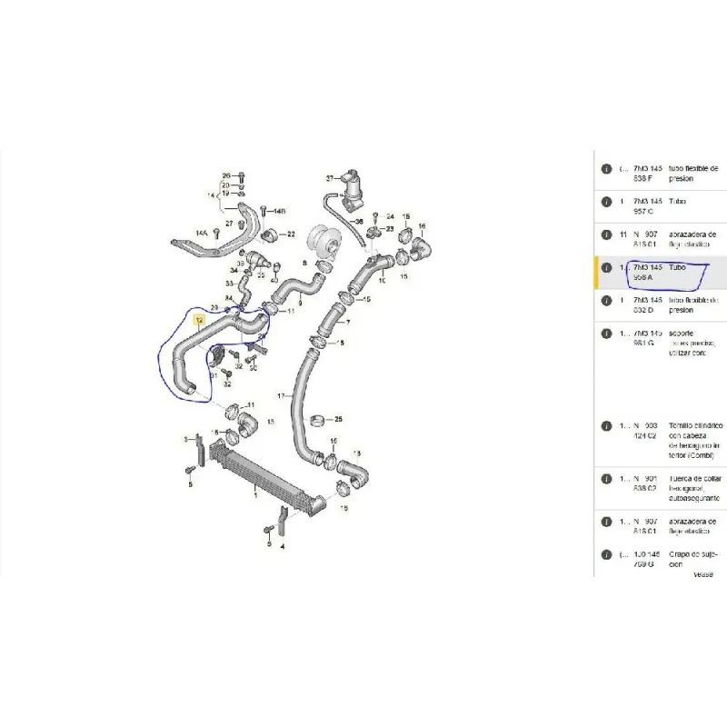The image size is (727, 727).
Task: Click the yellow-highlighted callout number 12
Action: tap(199, 321)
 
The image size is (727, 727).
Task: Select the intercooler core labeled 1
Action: tap(259, 473)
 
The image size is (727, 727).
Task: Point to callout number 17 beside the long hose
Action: tap(282, 395)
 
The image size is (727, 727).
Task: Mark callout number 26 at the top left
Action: tap(227, 174)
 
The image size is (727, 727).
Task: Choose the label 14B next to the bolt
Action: tap(278, 212)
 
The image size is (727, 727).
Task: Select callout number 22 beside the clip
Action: tap(291, 234)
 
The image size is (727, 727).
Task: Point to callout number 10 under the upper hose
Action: tap(382, 281)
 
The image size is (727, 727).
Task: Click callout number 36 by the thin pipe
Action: tap(358, 221)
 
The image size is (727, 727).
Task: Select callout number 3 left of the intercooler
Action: tap(186, 440)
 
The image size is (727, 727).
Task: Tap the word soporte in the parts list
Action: tap(682, 334)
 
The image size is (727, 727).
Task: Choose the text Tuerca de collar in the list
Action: tap(695, 478)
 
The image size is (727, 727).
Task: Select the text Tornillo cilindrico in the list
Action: tap(695, 424)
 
